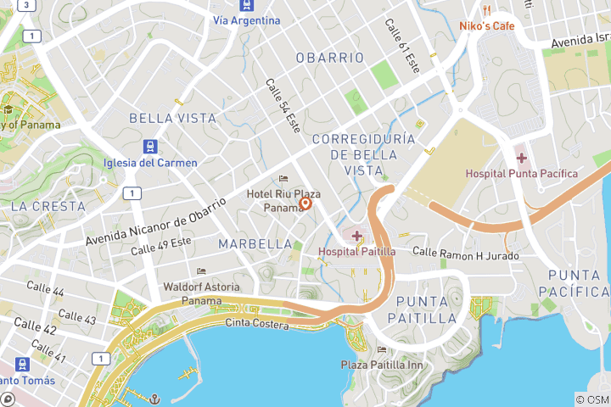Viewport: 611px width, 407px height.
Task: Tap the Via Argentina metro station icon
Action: (246, 5)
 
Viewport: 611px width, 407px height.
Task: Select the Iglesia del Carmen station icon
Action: (150, 146)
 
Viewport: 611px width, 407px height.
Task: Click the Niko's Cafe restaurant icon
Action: (487, 10)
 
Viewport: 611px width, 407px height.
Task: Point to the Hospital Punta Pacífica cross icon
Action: (521, 158)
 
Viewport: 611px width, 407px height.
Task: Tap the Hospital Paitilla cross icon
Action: (356, 236)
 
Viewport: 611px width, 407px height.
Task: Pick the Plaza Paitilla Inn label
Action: (381, 365)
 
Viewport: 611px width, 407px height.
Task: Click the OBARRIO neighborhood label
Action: (330, 58)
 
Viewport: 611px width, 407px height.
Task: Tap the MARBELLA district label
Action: (255, 244)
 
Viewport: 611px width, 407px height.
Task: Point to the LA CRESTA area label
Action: (48, 206)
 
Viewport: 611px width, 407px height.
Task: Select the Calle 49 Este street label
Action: (161, 246)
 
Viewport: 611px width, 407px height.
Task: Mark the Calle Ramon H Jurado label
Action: (464, 252)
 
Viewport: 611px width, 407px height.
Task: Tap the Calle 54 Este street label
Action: (283, 105)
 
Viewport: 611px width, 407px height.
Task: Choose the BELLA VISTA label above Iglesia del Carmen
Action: (172, 119)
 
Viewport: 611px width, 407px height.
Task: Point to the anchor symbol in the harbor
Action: (155, 398)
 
